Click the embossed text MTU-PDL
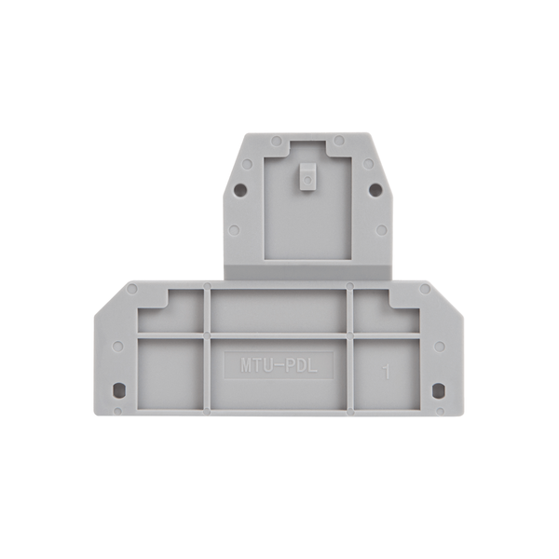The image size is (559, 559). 279,366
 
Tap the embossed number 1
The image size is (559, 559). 386,372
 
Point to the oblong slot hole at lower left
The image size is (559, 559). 118,389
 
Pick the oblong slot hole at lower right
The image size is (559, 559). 438,389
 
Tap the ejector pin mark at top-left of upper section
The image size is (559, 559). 277,141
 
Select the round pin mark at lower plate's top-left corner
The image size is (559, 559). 132,289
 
